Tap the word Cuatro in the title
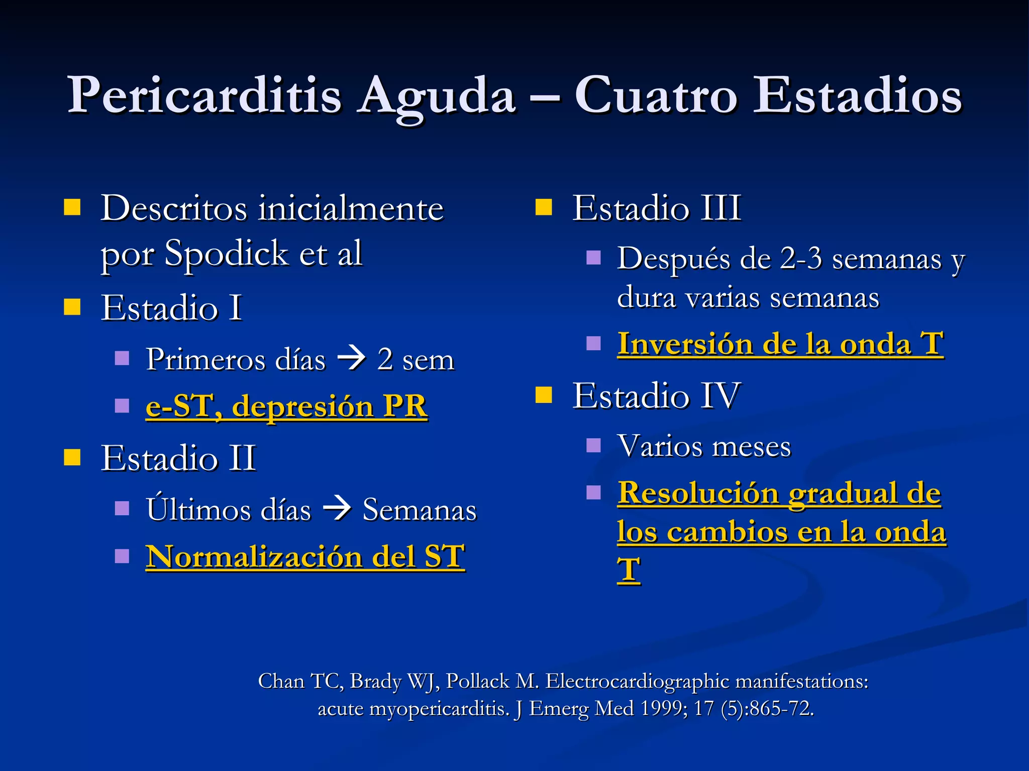click(655, 95)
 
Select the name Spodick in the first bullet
click(226, 253)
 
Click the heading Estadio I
click(171, 308)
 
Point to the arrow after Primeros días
click(351, 359)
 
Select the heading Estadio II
click(178, 458)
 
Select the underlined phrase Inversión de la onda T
click(780, 344)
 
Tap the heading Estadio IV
click(656, 396)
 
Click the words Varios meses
click(704, 446)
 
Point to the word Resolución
click(698, 493)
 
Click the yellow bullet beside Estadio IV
click(544, 395)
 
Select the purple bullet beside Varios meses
click(593, 445)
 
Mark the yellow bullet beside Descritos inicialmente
click(72, 207)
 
